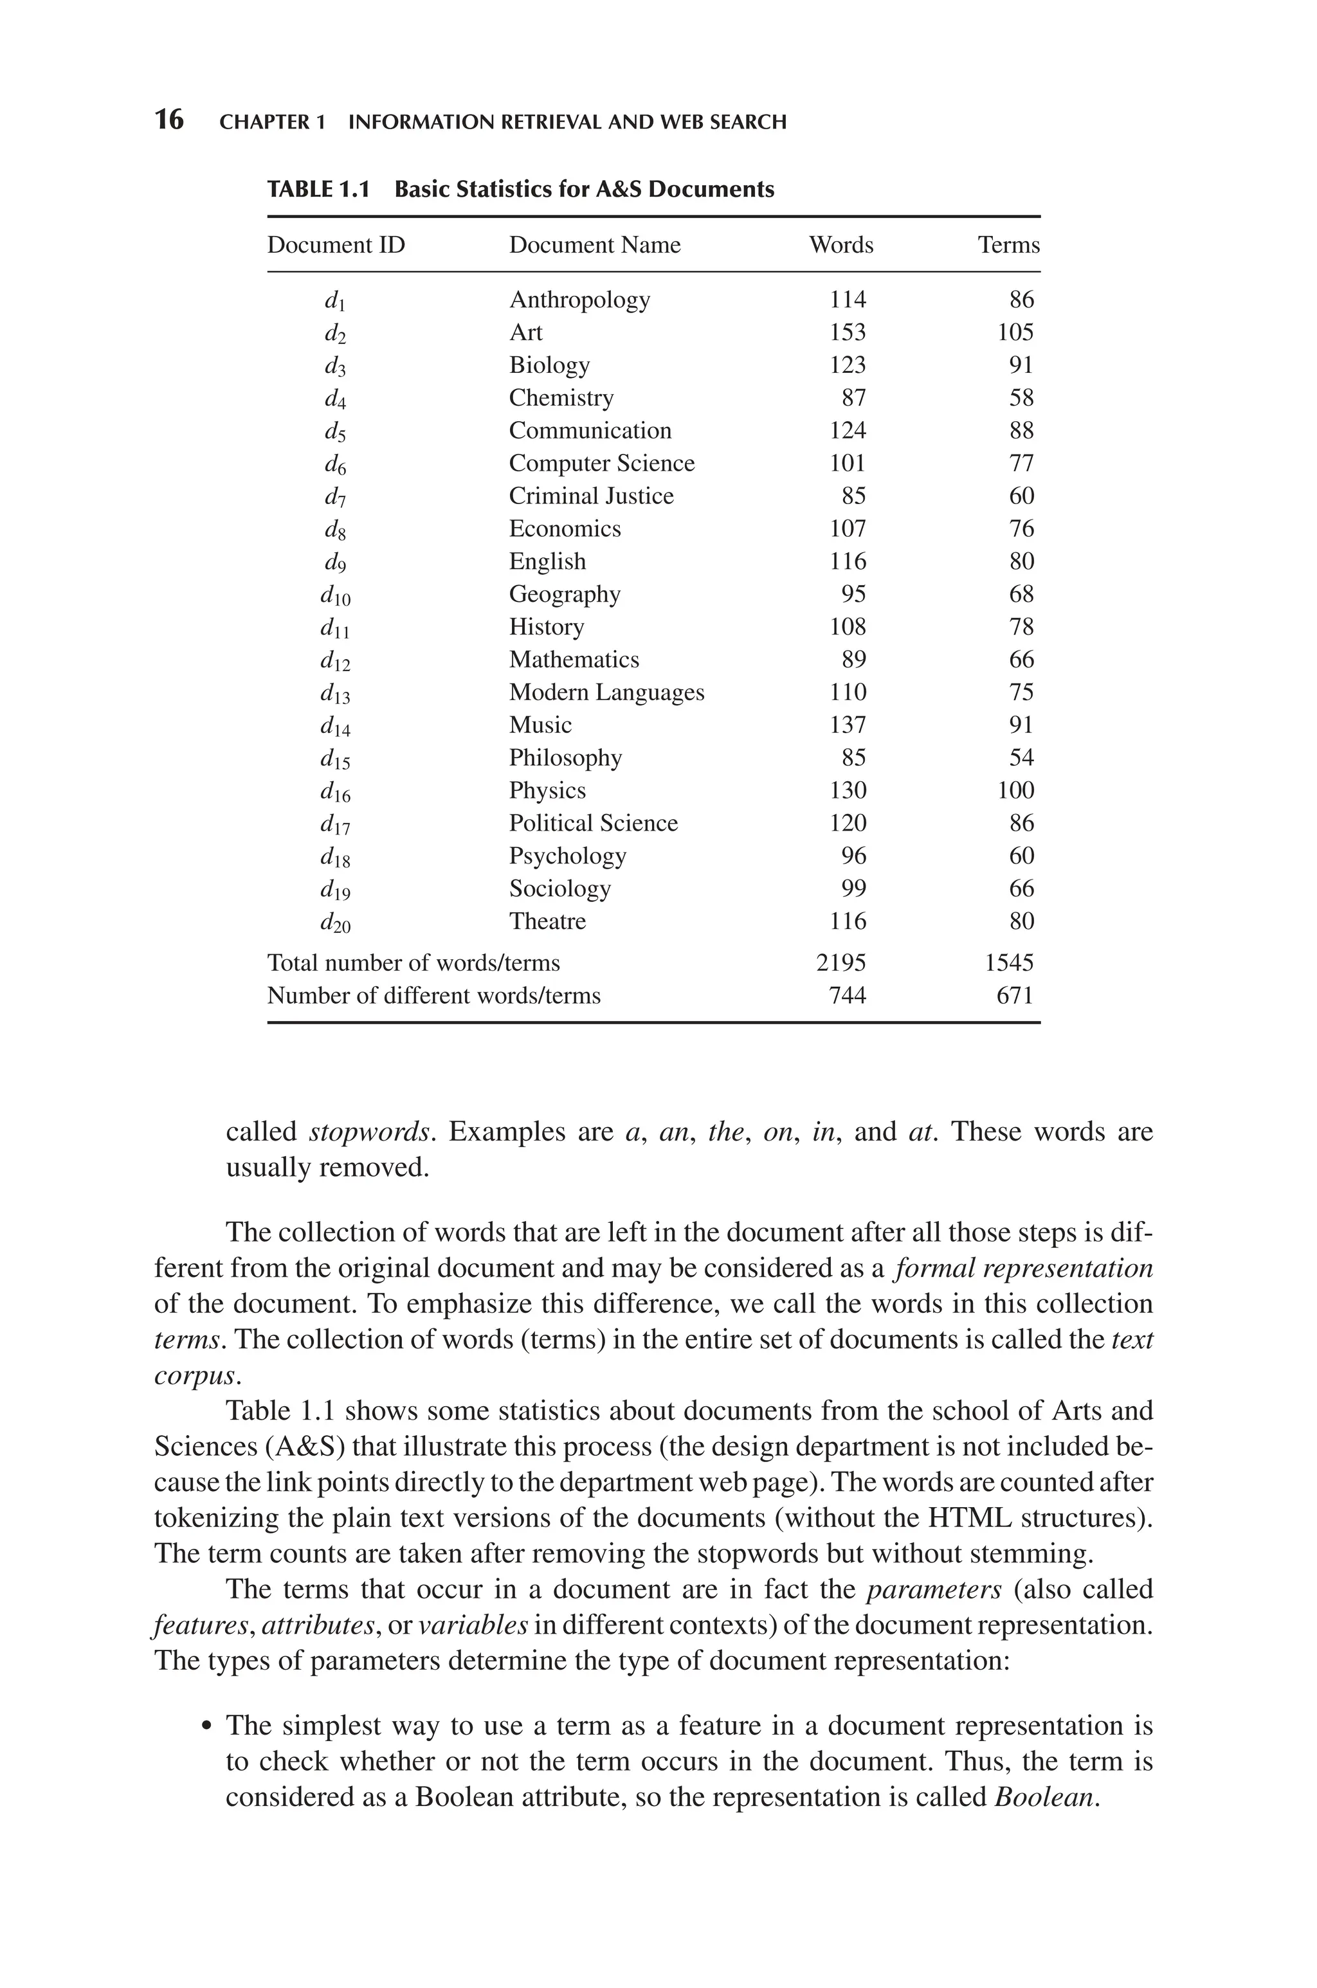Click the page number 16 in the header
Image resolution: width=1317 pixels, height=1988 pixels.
[169, 120]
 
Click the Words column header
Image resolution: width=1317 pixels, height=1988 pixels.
[840, 245]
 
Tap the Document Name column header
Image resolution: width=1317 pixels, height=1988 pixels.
[595, 245]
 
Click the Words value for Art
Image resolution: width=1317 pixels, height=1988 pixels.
[847, 332]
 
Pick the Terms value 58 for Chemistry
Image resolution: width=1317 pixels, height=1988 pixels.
[1021, 398]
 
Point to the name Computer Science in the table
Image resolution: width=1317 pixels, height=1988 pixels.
[601, 464]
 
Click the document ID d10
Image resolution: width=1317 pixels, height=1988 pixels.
[335, 595]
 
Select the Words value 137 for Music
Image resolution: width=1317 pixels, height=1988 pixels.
[847, 725]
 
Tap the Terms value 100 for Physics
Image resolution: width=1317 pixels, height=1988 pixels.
[1015, 791]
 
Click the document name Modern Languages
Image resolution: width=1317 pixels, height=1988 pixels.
[606, 692]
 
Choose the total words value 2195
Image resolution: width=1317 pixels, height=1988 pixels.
[840, 963]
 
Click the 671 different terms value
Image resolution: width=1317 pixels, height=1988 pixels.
[1015, 996]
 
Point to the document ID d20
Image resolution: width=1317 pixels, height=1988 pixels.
[335, 923]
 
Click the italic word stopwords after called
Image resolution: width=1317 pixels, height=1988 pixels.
[370, 1132]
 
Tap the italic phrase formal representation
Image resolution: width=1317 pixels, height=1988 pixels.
[1024, 1268]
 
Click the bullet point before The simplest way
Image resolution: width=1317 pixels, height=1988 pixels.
[206, 1728]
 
